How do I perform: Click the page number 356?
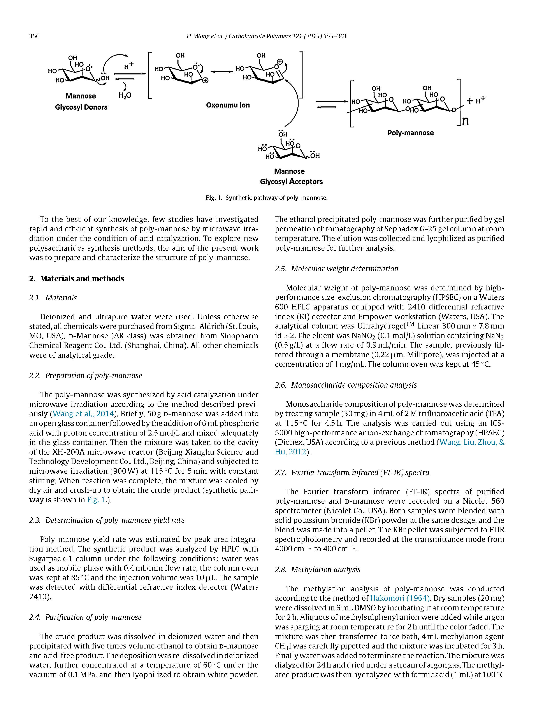pos(34,36)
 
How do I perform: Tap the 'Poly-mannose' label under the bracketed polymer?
pos(410,133)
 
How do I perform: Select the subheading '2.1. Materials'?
pos(53,297)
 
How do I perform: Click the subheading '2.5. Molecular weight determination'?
pos(336,269)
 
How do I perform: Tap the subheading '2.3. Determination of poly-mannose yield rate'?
pos(107,520)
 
